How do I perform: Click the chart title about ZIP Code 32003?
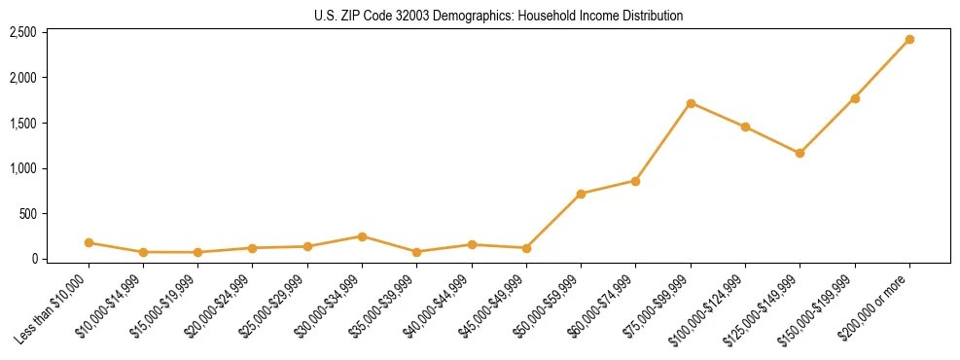pyautogui.click(x=499, y=16)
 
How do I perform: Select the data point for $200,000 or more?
pyautogui.click(x=909, y=39)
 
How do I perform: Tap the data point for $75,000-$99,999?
pyautogui.click(x=691, y=103)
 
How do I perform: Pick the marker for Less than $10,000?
pyautogui.click(x=89, y=242)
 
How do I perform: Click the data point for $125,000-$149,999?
pyautogui.click(x=800, y=153)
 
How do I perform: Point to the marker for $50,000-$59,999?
pyautogui.click(x=581, y=194)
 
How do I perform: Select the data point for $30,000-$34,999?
pyautogui.click(x=362, y=236)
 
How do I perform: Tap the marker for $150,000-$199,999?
pyautogui.click(x=855, y=98)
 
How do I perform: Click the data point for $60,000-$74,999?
pyautogui.click(x=635, y=181)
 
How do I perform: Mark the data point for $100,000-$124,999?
pyautogui.click(x=745, y=126)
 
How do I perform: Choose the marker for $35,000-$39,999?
pyautogui.click(x=416, y=252)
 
